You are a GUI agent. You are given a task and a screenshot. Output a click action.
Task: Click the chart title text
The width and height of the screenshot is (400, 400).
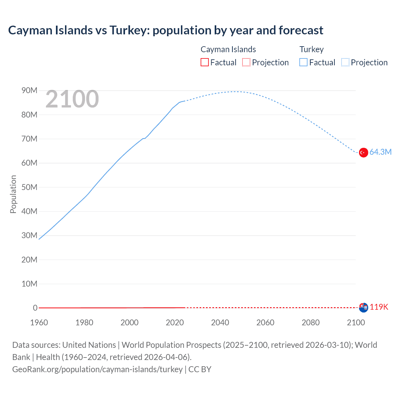pos(166,30)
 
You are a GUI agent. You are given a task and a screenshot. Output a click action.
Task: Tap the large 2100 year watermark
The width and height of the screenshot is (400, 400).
pos(72,99)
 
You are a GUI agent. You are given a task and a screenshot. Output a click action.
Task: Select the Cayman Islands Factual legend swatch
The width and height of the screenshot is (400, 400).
pos(204,62)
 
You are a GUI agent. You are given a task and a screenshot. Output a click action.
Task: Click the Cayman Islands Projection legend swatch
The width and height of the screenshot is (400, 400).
pos(246,62)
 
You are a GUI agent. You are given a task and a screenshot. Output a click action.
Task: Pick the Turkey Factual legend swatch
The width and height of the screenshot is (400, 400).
pos(303,62)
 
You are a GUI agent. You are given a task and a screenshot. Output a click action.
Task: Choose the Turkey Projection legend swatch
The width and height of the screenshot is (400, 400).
pos(345,62)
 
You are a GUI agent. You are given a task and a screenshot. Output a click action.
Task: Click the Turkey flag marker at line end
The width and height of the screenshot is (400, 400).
pos(363,152)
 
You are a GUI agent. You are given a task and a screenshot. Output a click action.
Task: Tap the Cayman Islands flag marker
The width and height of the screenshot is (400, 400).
pos(363,307)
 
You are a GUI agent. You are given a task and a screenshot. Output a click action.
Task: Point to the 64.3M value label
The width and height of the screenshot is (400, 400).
pos(380,152)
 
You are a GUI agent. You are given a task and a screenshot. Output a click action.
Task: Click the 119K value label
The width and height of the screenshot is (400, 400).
pos(379,307)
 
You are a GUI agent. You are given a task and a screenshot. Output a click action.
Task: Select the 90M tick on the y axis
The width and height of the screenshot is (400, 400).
pos(29,91)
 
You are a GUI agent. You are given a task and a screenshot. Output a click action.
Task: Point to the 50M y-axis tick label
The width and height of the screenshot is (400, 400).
pos(29,187)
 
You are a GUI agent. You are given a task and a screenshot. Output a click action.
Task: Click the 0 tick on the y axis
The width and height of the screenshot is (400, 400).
pos(35,308)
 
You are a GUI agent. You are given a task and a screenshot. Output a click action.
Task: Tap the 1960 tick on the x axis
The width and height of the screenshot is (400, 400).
pos(39,322)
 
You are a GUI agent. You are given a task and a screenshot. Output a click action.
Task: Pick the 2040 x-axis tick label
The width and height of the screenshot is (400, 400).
pos(220,322)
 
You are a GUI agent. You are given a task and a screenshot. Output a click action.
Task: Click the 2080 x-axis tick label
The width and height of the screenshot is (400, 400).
pos(311,322)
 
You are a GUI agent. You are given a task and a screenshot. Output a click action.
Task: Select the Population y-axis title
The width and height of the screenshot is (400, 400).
pos(13,194)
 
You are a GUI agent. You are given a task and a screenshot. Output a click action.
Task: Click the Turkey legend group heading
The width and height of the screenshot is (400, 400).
pos(312,49)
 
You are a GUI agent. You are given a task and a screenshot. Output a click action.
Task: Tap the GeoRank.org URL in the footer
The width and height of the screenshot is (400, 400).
pos(97,369)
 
